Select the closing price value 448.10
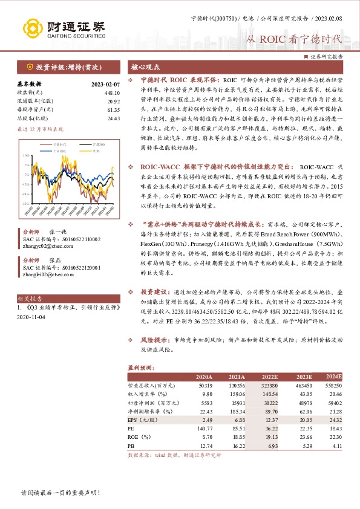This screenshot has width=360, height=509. click(112, 92)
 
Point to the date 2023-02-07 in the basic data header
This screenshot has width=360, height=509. click(106, 84)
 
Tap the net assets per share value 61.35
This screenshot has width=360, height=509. click(113, 109)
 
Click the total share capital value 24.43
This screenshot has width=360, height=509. click(113, 118)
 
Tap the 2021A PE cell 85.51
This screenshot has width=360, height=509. click(237, 427)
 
